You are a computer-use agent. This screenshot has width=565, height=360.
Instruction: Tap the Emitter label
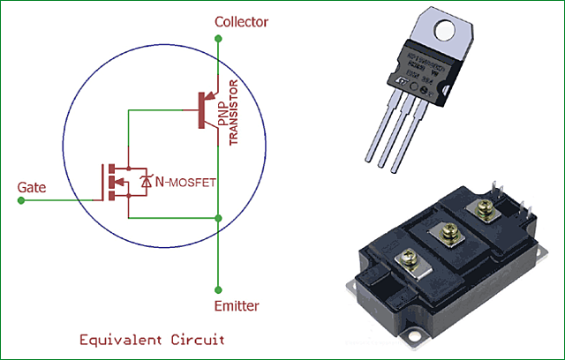click(x=237, y=306)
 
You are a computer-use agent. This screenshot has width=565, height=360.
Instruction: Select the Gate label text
click(x=32, y=187)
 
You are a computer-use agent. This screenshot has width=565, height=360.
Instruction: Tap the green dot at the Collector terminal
click(x=217, y=38)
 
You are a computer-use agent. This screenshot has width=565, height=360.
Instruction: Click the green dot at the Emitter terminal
click(x=217, y=288)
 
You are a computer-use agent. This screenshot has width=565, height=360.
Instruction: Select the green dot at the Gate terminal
click(x=20, y=200)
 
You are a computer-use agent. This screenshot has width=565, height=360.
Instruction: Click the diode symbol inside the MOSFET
click(x=146, y=183)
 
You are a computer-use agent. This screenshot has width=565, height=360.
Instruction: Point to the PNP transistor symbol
click(x=208, y=110)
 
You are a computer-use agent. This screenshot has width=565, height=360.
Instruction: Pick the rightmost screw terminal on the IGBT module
click(x=483, y=208)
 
